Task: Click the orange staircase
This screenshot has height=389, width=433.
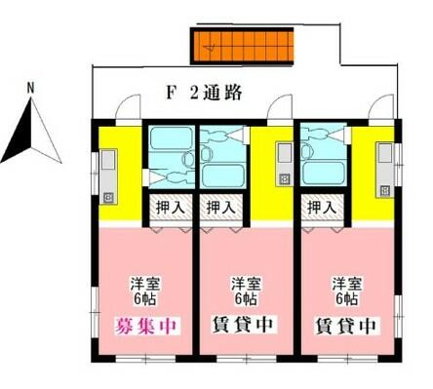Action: click(x=242, y=46)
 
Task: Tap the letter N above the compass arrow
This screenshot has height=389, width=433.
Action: click(x=31, y=89)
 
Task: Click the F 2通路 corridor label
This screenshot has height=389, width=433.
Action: click(x=204, y=93)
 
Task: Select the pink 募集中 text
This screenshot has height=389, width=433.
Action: click(x=146, y=326)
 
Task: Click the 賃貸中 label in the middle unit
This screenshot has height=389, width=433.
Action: click(x=244, y=325)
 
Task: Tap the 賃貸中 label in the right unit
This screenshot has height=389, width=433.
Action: click(x=346, y=326)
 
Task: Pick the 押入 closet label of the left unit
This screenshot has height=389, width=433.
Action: click(x=171, y=208)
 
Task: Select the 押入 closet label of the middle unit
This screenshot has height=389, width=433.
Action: click(x=221, y=208)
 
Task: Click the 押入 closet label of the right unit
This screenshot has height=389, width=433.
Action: click(x=322, y=208)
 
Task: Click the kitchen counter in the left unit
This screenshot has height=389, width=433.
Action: click(x=108, y=176)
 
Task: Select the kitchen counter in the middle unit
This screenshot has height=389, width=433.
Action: click(x=285, y=164)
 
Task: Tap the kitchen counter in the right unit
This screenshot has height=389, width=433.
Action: click(x=385, y=170)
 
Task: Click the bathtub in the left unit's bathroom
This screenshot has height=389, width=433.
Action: click(x=172, y=138)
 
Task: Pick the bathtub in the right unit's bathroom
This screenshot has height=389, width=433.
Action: click(x=323, y=173)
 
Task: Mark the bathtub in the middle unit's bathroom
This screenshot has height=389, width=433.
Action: click(x=223, y=175)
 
